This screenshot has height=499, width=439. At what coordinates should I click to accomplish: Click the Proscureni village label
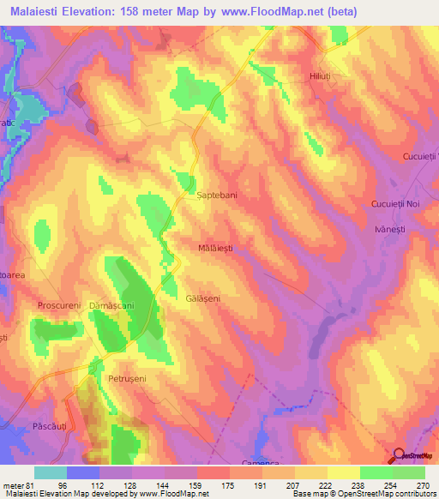(x=58, y=305)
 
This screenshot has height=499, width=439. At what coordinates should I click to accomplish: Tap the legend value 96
(x=82, y=484)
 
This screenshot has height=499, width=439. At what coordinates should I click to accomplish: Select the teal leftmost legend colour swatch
(x=51, y=472)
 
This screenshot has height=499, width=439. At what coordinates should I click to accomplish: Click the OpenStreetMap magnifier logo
(x=400, y=455)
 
